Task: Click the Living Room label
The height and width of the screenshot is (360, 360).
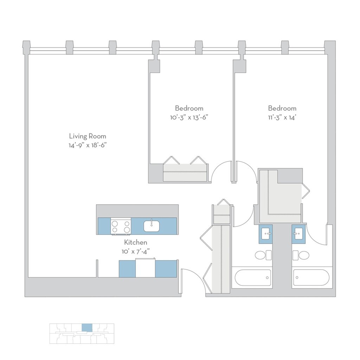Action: click(87, 136)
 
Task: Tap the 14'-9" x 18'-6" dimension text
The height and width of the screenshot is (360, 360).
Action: click(87, 145)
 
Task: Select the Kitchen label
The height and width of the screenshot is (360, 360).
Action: click(135, 242)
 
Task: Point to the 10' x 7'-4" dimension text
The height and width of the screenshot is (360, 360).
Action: click(135, 251)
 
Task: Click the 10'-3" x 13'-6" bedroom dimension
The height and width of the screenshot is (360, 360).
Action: click(189, 117)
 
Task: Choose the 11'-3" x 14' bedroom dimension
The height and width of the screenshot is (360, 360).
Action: click(282, 117)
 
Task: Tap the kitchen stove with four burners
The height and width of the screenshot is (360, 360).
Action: click(121, 226)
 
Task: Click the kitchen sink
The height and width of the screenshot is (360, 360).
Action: click(152, 226)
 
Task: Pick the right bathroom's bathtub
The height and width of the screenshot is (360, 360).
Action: click(311, 278)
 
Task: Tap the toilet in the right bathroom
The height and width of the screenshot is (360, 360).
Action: click(301, 255)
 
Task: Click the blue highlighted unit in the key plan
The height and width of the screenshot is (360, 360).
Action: click(87, 327)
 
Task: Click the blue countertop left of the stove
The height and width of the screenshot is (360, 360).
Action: click(104, 226)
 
